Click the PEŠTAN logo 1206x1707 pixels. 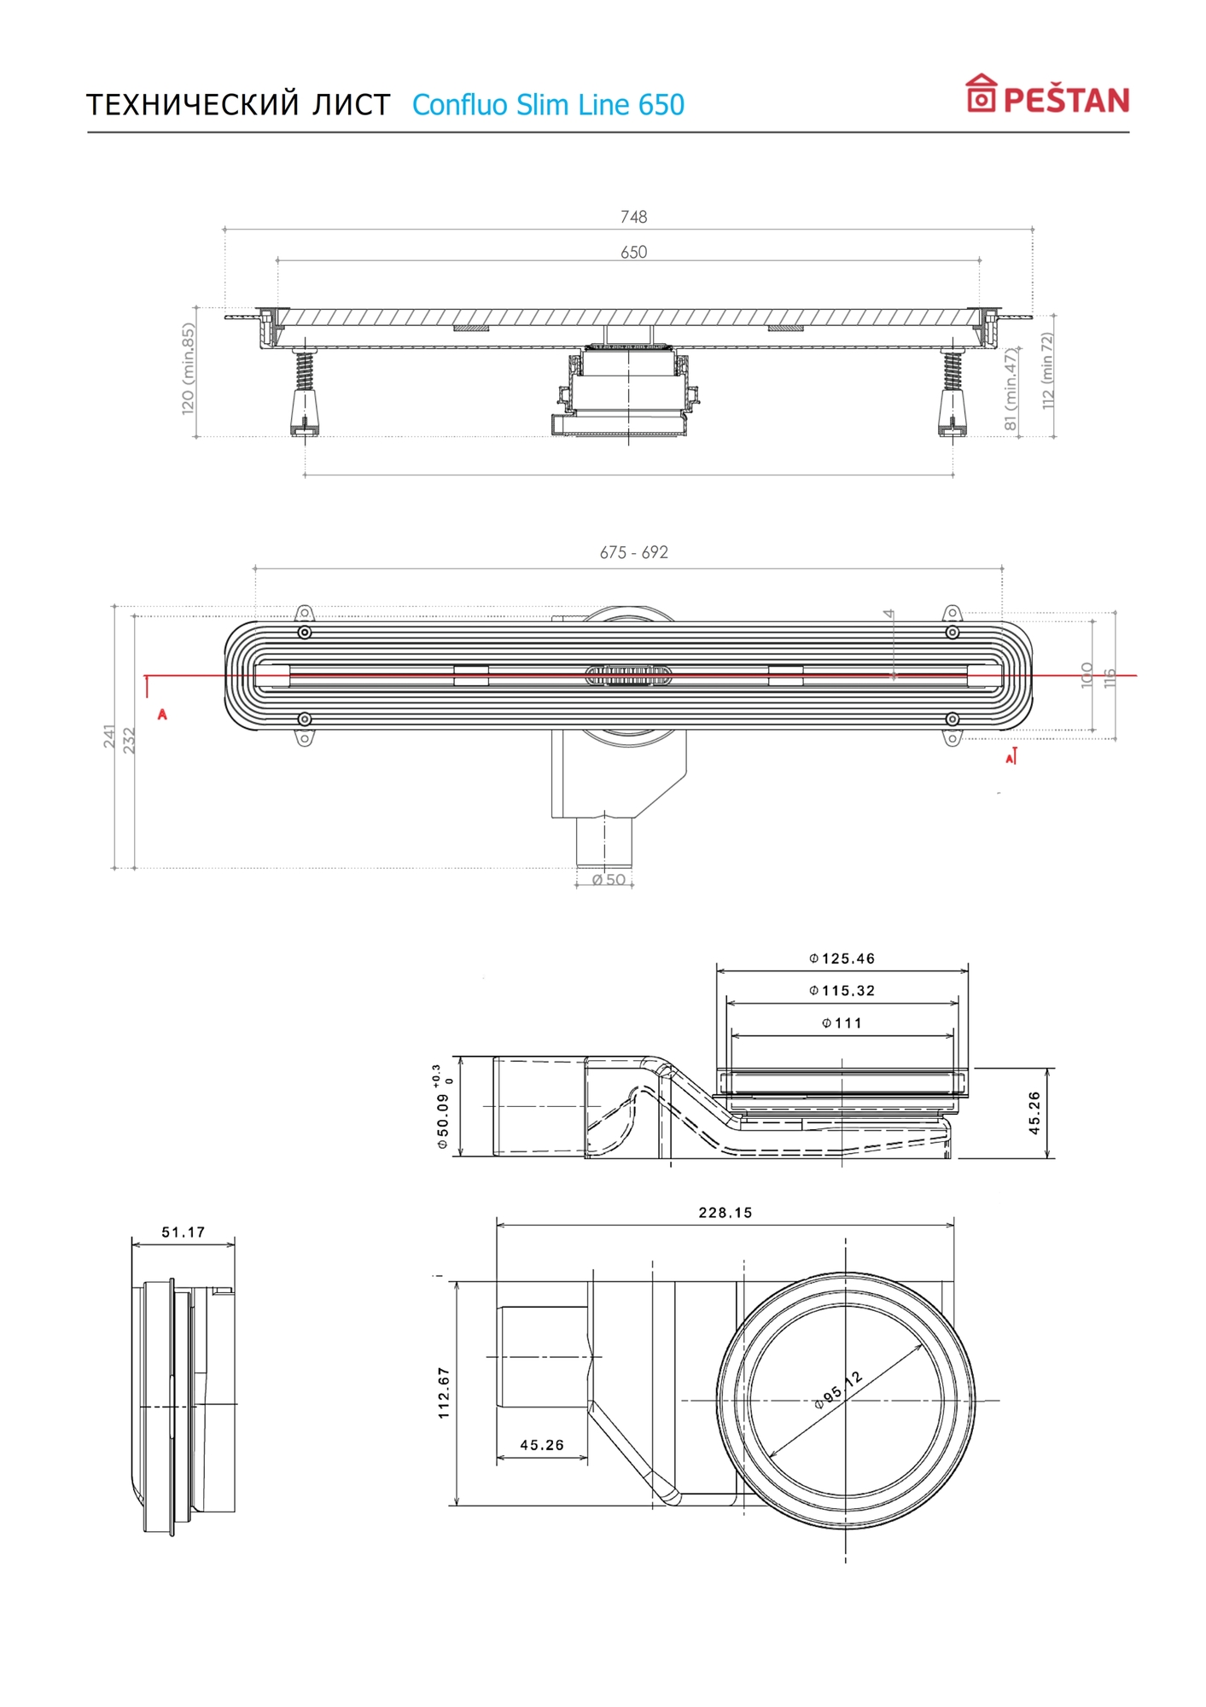click(1047, 95)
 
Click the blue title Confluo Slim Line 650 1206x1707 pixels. click(548, 105)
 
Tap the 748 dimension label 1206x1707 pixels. click(633, 217)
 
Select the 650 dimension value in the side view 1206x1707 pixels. click(633, 252)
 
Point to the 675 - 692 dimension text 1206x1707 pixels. click(633, 552)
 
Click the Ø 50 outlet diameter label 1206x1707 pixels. click(609, 879)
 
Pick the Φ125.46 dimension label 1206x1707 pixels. click(842, 958)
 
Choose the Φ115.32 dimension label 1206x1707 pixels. click(842, 990)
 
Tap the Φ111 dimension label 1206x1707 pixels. click(842, 1022)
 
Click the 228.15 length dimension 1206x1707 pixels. click(725, 1212)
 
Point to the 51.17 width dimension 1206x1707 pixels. click(184, 1232)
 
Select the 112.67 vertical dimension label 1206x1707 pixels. click(444, 1393)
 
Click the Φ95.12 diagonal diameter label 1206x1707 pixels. click(838, 1389)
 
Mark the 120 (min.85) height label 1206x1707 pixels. click(189, 368)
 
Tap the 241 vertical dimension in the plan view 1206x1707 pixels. click(109, 736)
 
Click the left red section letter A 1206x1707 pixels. click(162, 714)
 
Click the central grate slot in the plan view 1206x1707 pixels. click(628, 675)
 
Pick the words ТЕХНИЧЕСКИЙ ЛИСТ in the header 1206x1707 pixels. click(238, 105)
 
